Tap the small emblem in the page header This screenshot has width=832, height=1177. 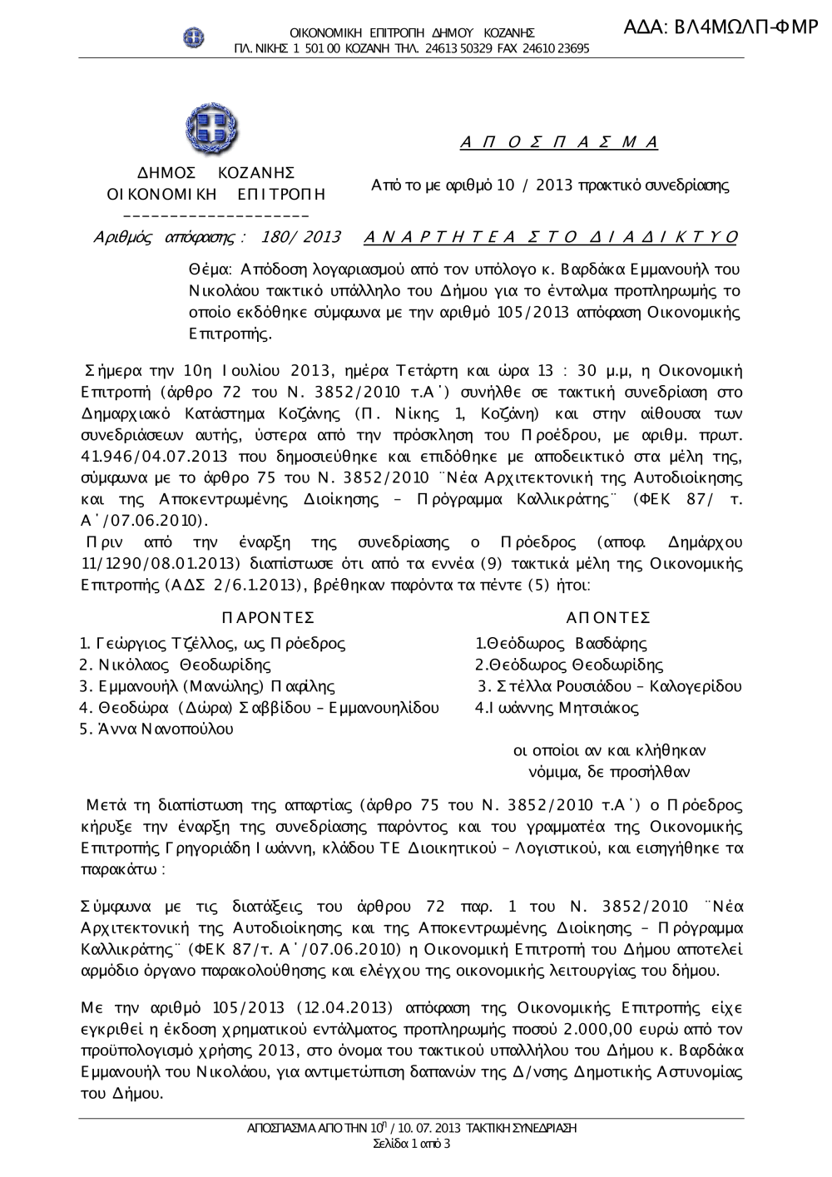194,37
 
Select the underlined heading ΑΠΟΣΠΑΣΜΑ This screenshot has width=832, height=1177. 559,142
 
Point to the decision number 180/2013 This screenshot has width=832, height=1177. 300,237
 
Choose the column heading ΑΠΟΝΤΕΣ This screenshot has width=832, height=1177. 607,617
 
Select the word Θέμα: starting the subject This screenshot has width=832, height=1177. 211,270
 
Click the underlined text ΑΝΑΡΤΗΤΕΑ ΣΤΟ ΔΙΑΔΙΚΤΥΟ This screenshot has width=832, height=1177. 551,237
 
